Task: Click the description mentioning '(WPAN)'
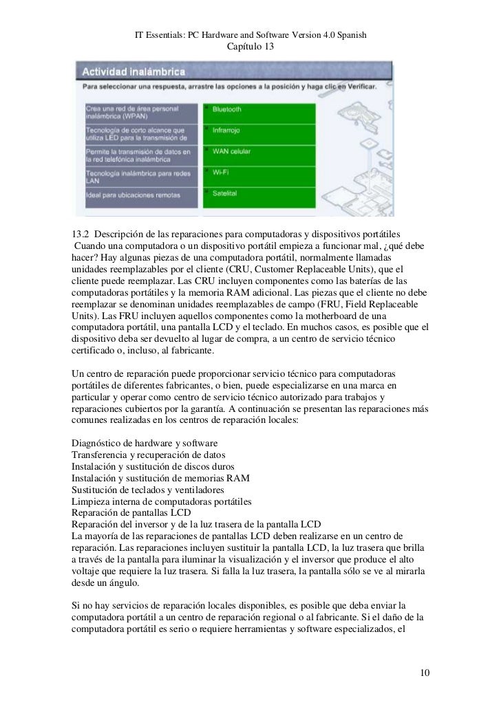click(141, 112)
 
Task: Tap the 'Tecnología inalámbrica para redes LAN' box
click(141, 176)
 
